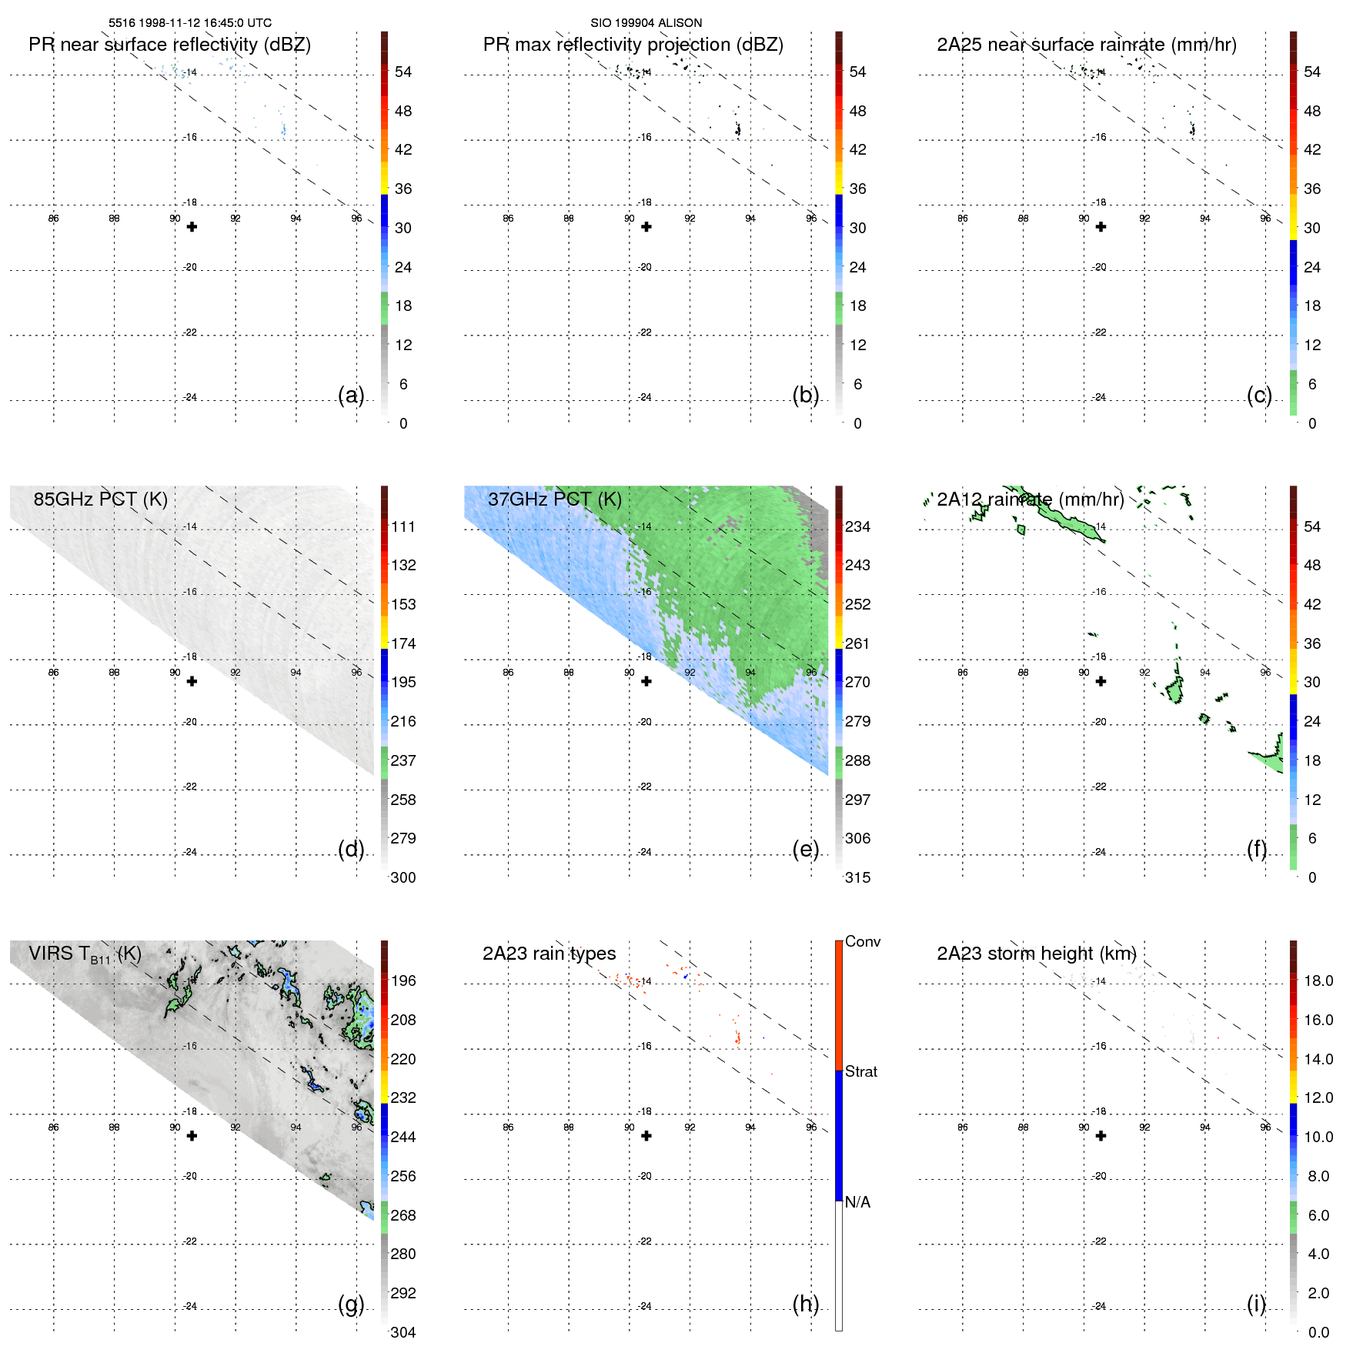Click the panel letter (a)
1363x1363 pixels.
(351, 396)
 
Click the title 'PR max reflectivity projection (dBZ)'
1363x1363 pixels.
(633, 45)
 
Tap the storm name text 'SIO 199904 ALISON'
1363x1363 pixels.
(646, 23)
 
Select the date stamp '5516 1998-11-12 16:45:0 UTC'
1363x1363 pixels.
(190, 23)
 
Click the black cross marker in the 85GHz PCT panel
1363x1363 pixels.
(192, 681)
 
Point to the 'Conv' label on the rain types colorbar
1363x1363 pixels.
(862, 941)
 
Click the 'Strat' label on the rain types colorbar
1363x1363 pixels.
(860, 1071)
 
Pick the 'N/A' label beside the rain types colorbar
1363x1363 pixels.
(857, 1202)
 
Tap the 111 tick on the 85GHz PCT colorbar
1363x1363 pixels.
(403, 526)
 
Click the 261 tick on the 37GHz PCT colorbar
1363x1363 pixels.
(857, 643)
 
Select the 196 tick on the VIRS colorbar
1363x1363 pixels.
(403, 980)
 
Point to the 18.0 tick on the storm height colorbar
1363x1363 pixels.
(1318, 980)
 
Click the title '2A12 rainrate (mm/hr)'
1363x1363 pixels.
(1030, 499)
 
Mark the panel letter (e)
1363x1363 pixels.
(805, 850)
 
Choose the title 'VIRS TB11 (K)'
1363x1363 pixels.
(85, 954)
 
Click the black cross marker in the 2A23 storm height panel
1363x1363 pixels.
(1101, 1136)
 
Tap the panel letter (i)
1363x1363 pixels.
(1256, 1304)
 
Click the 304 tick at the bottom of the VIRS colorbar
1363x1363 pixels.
(403, 1332)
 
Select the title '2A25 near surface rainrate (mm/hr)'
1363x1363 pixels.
(1086, 45)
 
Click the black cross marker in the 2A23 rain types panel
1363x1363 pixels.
(646, 1136)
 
